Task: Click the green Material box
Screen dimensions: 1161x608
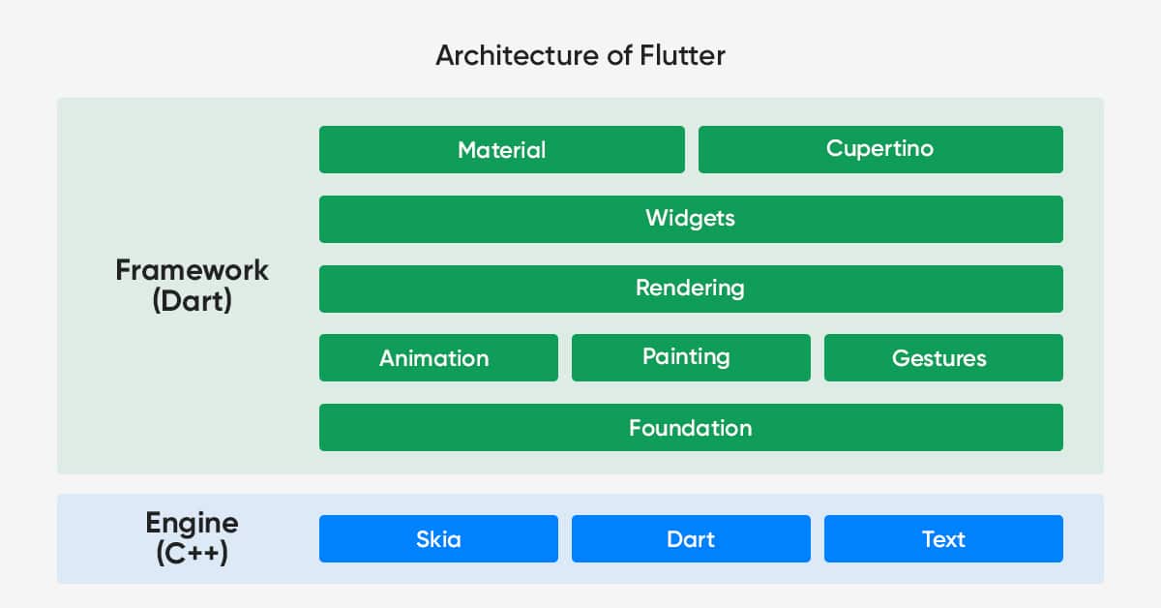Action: (502, 149)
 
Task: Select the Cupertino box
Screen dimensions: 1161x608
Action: (880, 149)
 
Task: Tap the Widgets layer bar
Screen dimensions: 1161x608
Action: (691, 219)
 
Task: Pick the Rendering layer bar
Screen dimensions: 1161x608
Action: (691, 289)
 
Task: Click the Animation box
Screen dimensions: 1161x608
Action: (438, 358)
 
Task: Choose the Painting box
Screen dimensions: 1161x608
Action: (691, 358)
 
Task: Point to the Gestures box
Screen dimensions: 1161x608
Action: (943, 358)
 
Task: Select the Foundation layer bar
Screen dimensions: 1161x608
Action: (691, 428)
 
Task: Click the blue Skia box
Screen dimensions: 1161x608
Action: (438, 538)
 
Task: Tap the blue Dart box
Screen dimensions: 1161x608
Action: (691, 538)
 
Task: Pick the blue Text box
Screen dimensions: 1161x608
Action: (943, 538)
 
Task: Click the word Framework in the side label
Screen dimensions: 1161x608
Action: (192, 270)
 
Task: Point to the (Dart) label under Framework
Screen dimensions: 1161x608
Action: (192, 301)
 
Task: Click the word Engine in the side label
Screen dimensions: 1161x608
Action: (192, 524)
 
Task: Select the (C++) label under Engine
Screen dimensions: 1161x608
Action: (192, 553)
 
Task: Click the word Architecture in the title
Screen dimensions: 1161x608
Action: (518, 55)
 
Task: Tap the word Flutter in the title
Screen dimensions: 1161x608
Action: (683, 55)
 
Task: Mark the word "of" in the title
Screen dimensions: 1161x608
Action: (619, 55)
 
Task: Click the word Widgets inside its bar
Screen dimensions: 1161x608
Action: (691, 219)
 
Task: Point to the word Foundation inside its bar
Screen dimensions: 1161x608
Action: (691, 428)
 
